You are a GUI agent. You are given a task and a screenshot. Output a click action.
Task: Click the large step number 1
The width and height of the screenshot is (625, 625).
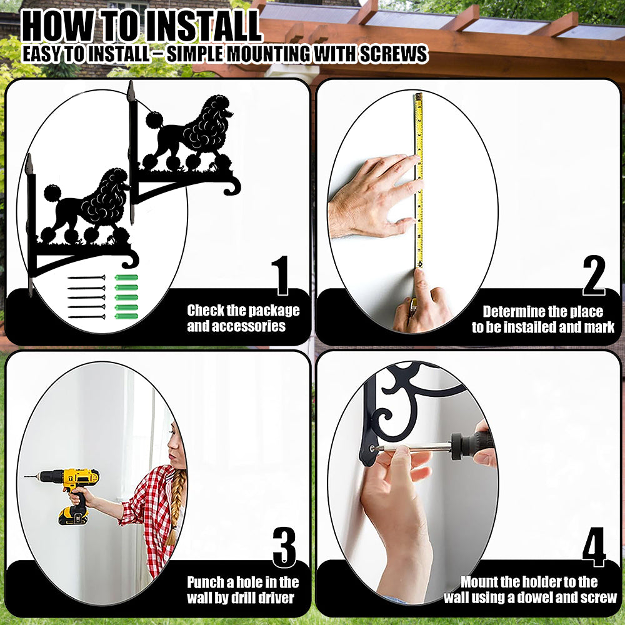(x=282, y=275)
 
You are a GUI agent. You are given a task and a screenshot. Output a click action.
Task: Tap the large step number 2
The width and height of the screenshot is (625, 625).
(x=594, y=275)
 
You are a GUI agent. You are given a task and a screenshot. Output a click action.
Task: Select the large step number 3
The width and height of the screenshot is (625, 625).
(x=284, y=547)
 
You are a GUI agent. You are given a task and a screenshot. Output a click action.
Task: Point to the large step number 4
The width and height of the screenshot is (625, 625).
(x=594, y=547)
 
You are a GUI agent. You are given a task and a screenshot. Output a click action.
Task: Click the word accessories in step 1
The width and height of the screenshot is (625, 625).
(x=236, y=326)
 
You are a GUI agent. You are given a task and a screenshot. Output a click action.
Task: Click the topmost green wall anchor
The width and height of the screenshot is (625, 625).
(x=126, y=277)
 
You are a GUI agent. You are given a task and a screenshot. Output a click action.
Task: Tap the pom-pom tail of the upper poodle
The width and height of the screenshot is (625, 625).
(x=154, y=120)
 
